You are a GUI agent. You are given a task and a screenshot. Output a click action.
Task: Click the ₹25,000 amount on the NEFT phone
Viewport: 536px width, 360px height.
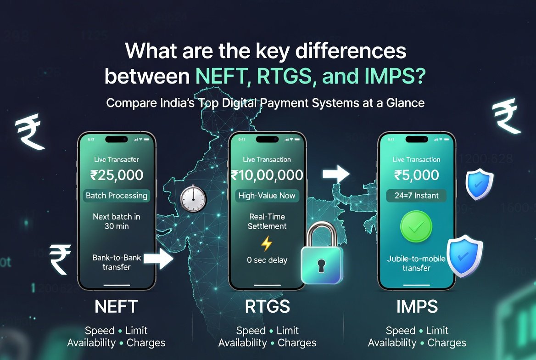117,175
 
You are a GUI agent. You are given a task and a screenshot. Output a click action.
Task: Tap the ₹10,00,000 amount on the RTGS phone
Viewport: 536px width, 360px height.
267,175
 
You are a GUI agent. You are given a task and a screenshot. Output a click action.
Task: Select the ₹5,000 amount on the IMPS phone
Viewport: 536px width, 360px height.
416,175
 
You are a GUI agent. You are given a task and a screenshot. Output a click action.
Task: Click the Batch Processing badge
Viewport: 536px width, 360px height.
117,196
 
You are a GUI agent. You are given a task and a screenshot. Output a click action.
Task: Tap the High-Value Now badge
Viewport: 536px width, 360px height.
267,196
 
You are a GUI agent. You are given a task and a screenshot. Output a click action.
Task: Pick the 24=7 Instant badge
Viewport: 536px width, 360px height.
416,196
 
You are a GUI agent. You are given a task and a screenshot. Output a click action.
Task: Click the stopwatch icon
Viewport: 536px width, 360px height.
193,199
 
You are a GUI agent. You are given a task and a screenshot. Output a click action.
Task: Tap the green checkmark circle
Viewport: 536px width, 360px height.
416,226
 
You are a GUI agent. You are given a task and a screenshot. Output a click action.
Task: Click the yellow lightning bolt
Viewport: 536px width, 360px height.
266,243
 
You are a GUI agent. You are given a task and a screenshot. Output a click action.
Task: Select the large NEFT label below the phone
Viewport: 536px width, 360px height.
116,307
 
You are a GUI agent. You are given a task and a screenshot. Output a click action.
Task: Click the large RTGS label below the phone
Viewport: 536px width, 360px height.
267,307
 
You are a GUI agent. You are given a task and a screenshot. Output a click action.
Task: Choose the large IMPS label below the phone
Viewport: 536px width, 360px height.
417,307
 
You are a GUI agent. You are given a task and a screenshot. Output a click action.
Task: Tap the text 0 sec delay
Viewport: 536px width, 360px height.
267,260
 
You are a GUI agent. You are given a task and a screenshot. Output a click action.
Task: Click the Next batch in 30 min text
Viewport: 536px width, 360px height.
117,221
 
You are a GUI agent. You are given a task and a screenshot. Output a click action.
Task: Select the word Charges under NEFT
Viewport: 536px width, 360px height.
146,343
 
